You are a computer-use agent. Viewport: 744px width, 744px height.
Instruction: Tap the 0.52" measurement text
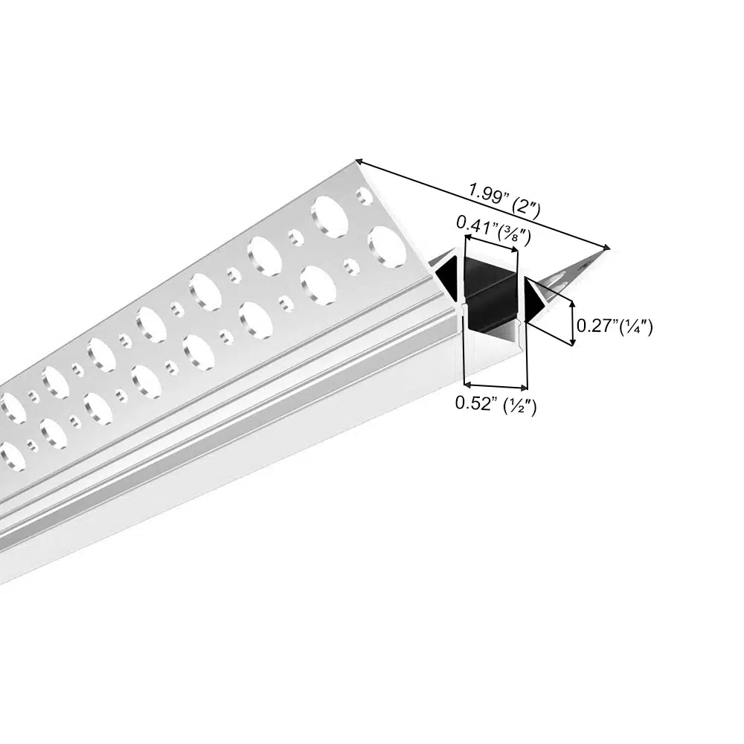pyautogui.click(x=476, y=403)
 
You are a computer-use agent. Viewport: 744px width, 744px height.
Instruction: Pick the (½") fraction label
pyautogui.click(x=520, y=406)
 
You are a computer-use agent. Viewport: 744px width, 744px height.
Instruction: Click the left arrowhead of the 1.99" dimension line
pyautogui.click(x=359, y=162)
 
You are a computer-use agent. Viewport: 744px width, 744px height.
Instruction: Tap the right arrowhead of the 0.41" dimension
pyautogui.click(x=515, y=249)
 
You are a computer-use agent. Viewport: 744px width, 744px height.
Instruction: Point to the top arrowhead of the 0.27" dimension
pyautogui.click(x=573, y=304)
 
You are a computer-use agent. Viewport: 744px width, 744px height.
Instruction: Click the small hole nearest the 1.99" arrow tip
pyautogui.click(x=365, y=196)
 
